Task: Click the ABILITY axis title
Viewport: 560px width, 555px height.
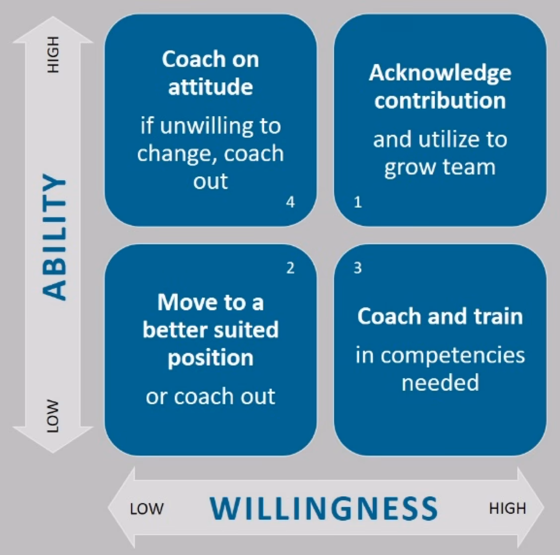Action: pyautogui.click(x=54, y=237)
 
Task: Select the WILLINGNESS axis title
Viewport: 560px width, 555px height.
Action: pyautogui.click(x=324, y=508)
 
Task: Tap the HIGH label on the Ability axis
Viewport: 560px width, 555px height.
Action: pyautogui.click(x=53, y=55)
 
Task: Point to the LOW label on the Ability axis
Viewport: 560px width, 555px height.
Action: pyautogui.click(x=53, y=416)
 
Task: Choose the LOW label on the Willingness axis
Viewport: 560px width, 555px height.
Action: pyautogui.click(x=146, y=509)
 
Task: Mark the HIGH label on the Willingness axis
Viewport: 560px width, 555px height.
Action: pyautogui.click(x=507, y=508)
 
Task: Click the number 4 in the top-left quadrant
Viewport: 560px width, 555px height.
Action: pyautogui.click(x=290, y=202)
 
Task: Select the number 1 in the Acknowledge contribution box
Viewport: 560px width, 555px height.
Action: pyautogui.click(x=357, y=203)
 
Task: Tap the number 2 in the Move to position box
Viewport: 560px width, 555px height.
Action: pyautogui.click(x=290, y=269)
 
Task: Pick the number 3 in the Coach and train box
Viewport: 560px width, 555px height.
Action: pyautogui.click(x=357, y=269)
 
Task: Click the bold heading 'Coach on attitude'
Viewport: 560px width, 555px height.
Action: pyautogui.click(x=210, y=73)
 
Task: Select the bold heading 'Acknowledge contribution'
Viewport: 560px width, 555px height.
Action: pyautogui.click(x=440, y=86)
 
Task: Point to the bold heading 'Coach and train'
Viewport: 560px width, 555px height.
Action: pyautogui.click(x=440, y=316)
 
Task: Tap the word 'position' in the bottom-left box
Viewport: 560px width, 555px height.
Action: pyautogui.click(x=210, y=357)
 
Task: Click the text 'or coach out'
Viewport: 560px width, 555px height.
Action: pyautogui.click(x=210, y=396)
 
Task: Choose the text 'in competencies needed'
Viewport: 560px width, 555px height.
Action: pyautogui.click(x=440, y=369)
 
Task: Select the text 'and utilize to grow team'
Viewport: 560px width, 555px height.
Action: pyautogui.click(x=440, y=153)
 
